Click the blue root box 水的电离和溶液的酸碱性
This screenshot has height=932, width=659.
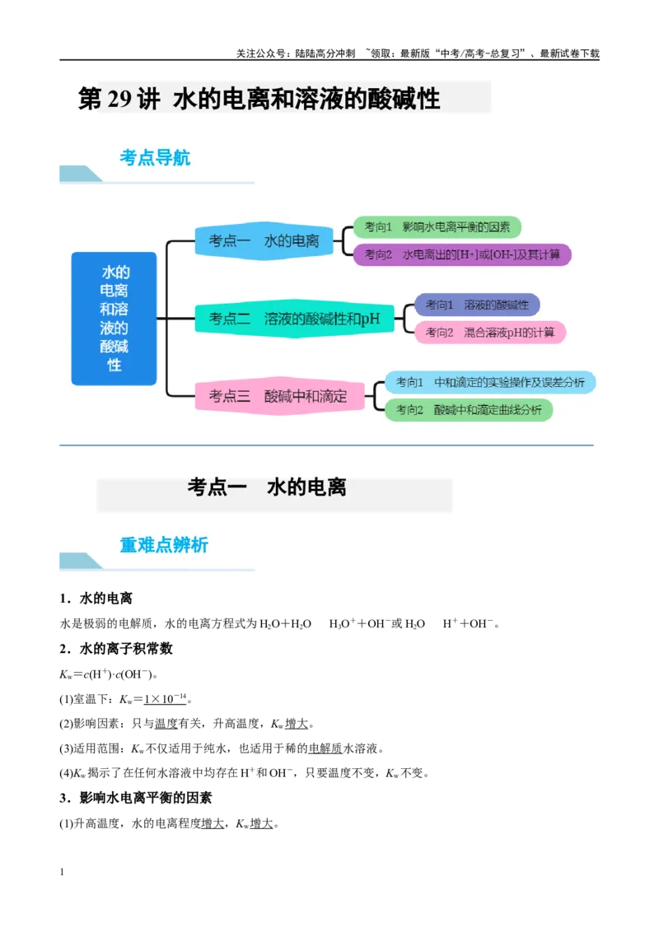click(x=115, y=319)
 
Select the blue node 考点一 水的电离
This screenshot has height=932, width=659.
click(x=264, y=240)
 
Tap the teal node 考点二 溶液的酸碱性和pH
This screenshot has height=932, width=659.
click(x=294, y=319)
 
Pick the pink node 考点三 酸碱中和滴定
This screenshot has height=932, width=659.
click(x=279, y=396)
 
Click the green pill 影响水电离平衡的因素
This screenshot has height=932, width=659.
click(x=437, y=227)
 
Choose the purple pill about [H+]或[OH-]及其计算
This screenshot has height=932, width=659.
click(x=462, y=254)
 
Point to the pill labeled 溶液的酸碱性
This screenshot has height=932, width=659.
click(x=477, y=305)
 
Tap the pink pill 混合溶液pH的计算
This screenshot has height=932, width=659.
click(x=489, y=333)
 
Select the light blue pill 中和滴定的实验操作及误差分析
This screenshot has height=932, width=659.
click(x=490, y=382)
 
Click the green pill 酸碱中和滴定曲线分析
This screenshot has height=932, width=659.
click(x=469, y=409)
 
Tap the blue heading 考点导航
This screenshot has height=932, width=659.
click(x=155, y=157)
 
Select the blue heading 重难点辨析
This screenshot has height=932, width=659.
click(x=164, y=544)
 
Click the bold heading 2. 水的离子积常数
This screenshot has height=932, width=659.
click(x=116, y=649)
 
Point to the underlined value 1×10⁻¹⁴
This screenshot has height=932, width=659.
click(x=166, y=698)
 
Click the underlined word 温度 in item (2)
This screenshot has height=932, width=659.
click(x=166, y=724)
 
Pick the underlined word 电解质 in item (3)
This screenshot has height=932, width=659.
click(x=325, y=748)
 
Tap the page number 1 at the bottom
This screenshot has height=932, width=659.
click(x=62, y=872)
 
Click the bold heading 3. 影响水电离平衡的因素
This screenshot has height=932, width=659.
click(x=136, y=798)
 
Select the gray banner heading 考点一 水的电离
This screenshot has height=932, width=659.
click(x=266, y=487)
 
